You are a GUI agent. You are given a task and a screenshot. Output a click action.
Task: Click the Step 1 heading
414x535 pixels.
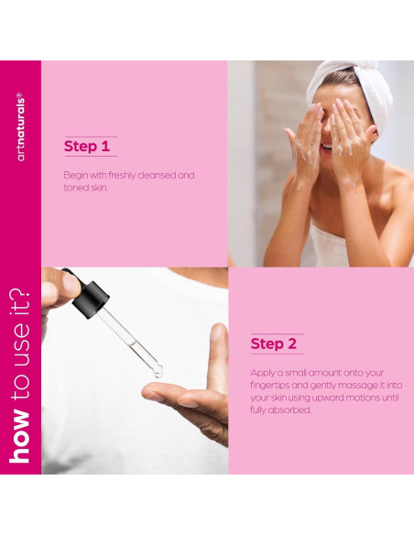pos(87,147)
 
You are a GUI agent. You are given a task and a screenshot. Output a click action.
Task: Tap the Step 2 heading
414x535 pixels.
pos(274,344)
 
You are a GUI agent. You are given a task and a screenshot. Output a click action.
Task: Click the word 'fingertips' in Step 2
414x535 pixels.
pos(270,386)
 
